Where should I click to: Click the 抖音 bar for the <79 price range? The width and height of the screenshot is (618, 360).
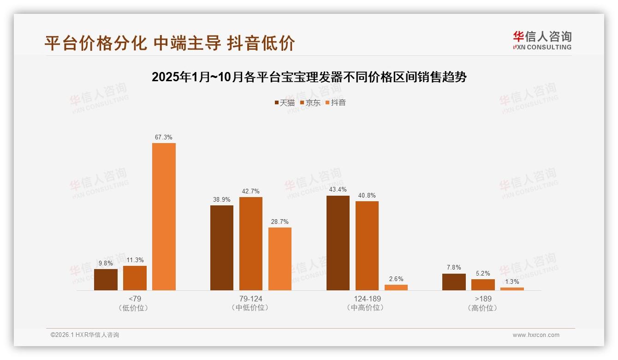[x=164, y=216]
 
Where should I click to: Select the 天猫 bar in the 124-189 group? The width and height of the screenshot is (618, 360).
[x=338, y=243]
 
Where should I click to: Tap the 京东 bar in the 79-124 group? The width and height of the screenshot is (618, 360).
[x=251, y=243]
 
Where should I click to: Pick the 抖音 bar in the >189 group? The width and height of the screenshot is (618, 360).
[x=512, y=288]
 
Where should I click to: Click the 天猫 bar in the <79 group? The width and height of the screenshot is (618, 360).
[x=106, y=279]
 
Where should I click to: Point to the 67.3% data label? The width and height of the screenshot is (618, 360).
[x=164, y=137]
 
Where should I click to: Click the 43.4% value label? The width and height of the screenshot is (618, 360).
[x=338, y=190]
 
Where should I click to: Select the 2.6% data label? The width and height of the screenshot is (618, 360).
[x=396, y=279]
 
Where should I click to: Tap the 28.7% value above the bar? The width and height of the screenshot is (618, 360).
[x=280, y=222]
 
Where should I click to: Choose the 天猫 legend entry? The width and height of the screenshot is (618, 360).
[x=285, y=103]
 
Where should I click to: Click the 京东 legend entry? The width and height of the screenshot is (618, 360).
[x=310, y=103]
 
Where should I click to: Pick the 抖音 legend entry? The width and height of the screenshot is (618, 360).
[x=336, y=103]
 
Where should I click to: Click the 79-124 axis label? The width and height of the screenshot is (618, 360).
[x=251, y=299]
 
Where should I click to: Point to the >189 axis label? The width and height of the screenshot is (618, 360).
[x=483, y=299]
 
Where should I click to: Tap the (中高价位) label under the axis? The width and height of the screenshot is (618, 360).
[x=367, y=307]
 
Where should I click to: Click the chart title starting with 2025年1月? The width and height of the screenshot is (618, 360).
[x=309, y=77]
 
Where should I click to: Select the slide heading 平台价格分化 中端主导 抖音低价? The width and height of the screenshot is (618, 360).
[x=170, y=43]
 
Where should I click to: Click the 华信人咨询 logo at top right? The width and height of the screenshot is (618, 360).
[x=542, y=41]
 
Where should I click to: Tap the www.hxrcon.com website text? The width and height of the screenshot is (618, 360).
[x=536, y=335]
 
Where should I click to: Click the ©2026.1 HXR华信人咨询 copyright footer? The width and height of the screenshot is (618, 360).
[x=85, y=335]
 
